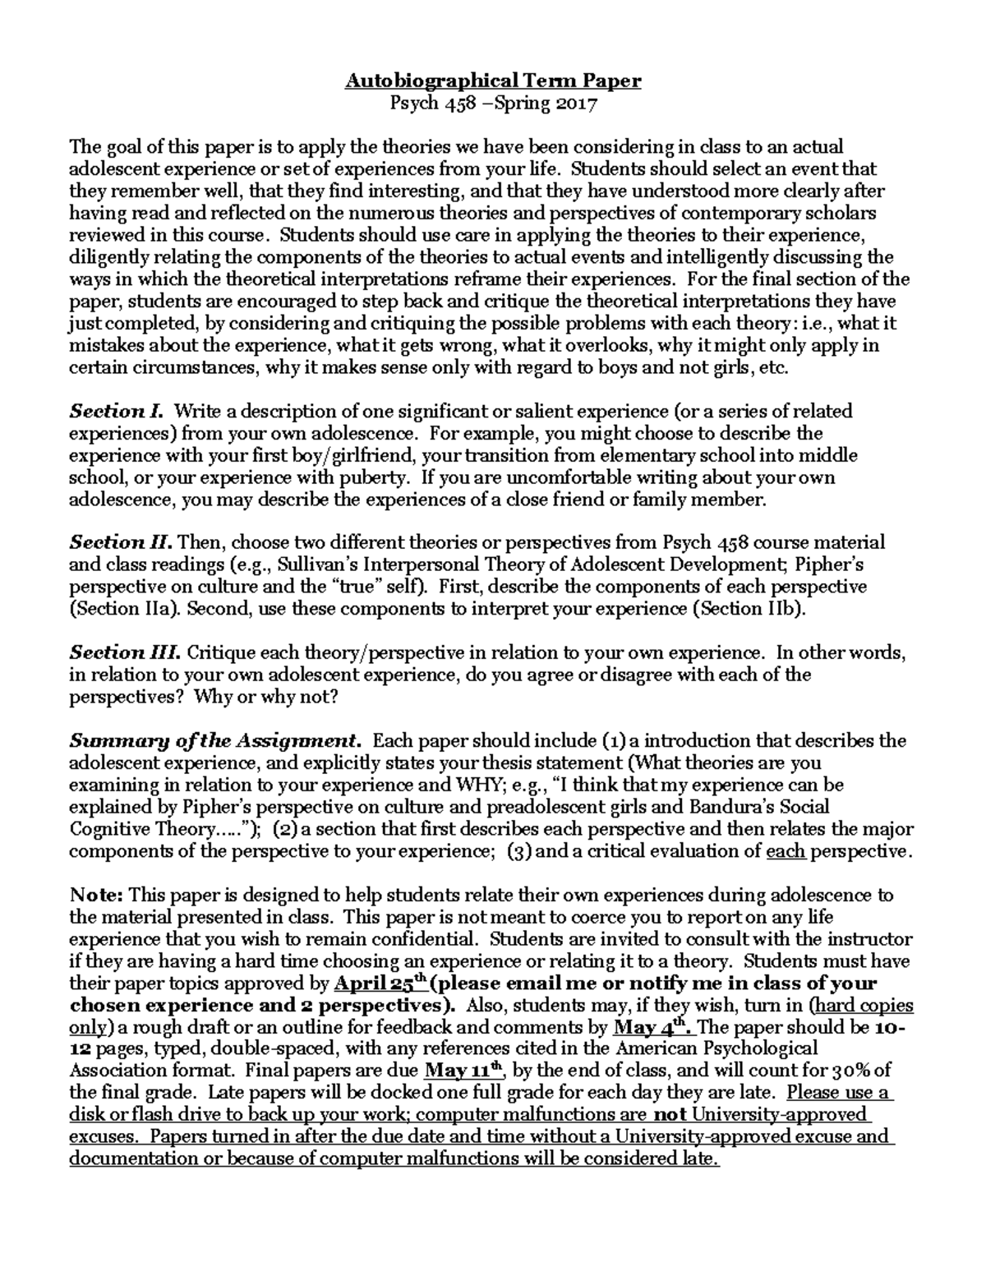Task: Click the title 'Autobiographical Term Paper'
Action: [492, 81]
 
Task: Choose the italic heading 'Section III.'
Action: [125, 652]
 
